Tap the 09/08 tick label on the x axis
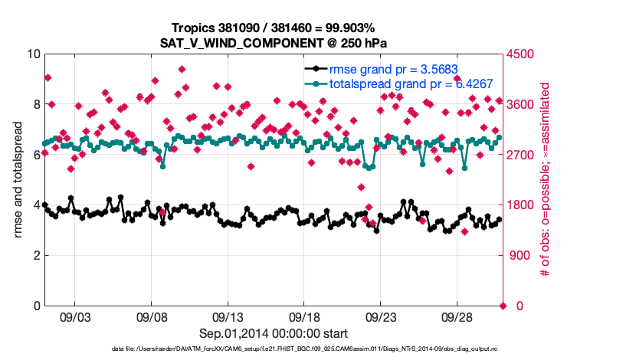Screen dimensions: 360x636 [x=151, y=316]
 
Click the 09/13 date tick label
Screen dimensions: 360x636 [x=228, y=316]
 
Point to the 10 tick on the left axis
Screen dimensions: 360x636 [x=32, y=54]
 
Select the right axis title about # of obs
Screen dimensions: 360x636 [x=546, y=179]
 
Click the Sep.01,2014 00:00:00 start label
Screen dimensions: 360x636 [x=274, y=333]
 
